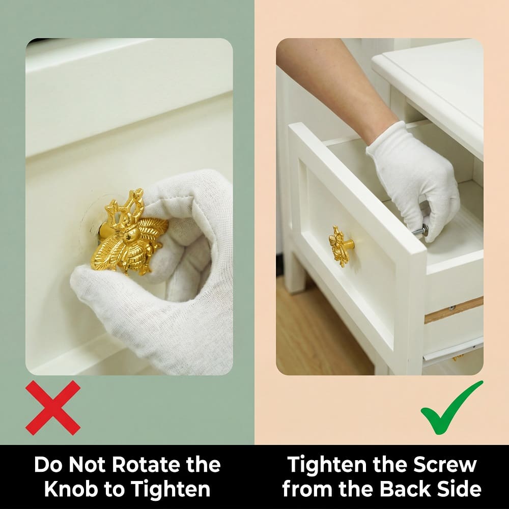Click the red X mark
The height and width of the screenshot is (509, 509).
(53, 408)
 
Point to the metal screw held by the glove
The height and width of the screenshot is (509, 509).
(419, 232)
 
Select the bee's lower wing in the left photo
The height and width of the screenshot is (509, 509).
(104, 251)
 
